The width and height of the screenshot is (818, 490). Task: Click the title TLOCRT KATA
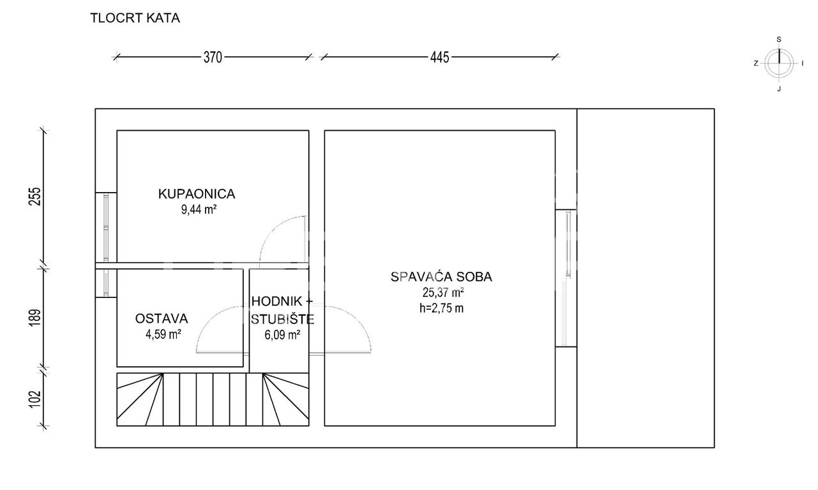135,19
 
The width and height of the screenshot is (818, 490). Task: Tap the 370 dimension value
213,57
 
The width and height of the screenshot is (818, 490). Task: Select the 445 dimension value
440,57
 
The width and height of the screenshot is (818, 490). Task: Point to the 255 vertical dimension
35,197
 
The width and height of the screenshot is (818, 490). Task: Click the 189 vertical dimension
35,318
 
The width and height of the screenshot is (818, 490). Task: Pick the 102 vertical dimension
35,399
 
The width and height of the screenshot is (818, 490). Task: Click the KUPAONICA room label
197,194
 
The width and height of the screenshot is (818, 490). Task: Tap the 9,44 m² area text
199,210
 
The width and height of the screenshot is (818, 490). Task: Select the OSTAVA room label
162,318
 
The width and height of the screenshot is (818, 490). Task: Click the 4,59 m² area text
163,334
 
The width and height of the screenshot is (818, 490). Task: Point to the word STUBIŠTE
282,319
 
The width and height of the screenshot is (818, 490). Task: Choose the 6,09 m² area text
282,334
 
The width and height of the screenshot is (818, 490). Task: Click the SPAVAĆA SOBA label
441,277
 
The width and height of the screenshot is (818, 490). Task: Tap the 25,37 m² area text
443,293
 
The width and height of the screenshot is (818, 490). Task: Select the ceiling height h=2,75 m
441,308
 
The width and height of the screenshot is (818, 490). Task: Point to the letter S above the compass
779,40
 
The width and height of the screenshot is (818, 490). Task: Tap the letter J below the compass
779,89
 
